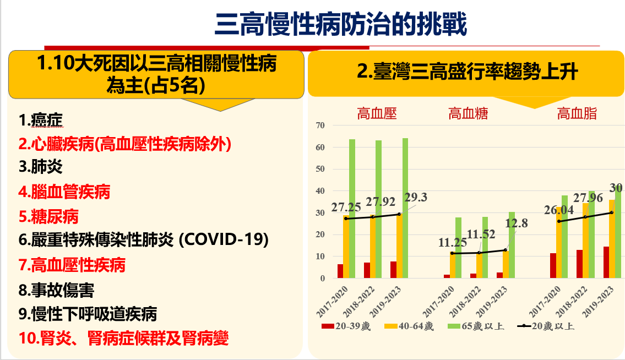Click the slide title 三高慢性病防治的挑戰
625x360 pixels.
pyautogui.click(x=341, y=25)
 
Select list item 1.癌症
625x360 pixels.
pyautogui.click(x=41, y=119)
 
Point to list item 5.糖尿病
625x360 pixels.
pyautogui.click(x=49, y=216)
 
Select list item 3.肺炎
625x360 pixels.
pyautogui.click(x=41, y=167)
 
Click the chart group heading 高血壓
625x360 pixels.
pyautogui.click(x=377, y=114)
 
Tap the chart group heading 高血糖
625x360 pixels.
pyautogui.click(x=468, y=114)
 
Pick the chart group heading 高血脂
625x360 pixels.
pyautogui.click(x=577, y=114)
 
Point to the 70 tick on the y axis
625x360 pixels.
pyautogui.click(x=320, y=126)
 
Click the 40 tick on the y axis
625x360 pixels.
pyautogui.click(x=320, y=191)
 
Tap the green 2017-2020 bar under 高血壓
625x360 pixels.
pyautogui.click(x=352, y=209)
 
